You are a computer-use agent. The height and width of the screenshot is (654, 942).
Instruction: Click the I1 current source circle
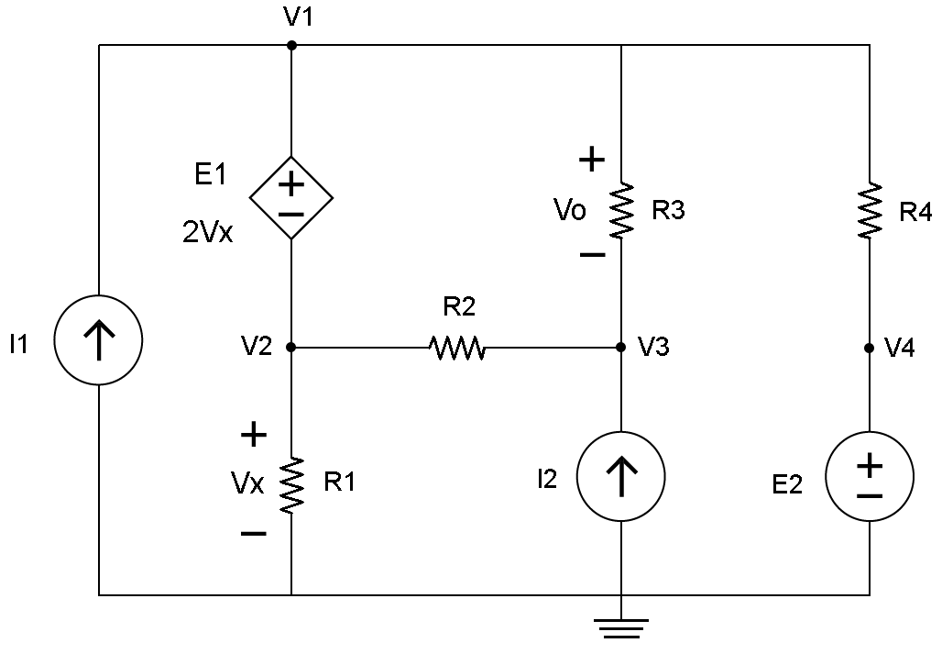click(x=98, y=339)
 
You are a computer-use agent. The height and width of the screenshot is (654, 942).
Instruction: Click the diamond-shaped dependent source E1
click(x=291, y=197)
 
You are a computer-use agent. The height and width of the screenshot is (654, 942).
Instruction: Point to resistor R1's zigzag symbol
click(x=291, y=484)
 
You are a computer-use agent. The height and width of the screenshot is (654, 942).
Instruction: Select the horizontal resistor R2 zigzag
click(x=456, y=348)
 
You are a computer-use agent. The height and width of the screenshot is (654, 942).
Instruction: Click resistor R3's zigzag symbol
click(x=621, y=211)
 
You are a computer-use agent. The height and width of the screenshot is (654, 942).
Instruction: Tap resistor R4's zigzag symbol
click(x=869, y=211)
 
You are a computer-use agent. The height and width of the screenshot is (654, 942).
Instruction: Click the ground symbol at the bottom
click(x=620, y=628)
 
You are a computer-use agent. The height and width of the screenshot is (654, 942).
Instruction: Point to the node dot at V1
click(x=291, y=44)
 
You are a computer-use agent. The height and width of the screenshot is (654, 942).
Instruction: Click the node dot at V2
click(x=291, y=348)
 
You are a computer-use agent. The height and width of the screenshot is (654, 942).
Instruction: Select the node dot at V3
click(x=620, y=348)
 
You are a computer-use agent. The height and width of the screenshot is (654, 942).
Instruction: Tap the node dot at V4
click(x=869, y=348)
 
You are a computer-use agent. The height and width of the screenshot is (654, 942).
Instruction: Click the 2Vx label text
click(x=208, y=233)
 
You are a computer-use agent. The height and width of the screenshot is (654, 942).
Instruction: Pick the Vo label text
click(x=569, y=211)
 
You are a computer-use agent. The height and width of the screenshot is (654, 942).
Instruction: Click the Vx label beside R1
click(x=247, y=484)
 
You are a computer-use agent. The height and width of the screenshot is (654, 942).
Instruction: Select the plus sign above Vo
click(x=591, y=161)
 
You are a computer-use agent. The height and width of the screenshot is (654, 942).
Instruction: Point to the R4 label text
click(x=915, y=213)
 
